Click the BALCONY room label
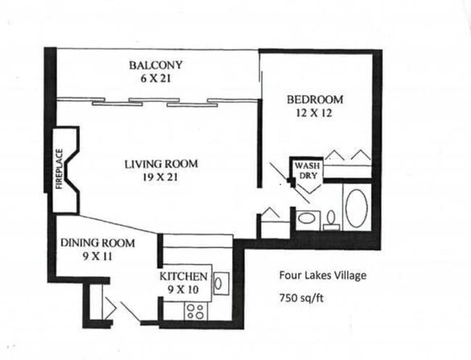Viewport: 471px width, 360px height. pos(156,65)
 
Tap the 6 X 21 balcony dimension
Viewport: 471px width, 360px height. pos(156,78)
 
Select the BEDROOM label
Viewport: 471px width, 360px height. pos(314,99)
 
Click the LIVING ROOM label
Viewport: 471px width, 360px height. pos(160,164)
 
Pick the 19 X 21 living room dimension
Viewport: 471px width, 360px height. pos(160,176)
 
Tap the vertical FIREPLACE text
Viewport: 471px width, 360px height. pos(60,170)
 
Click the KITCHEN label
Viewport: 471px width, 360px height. pos(185,277)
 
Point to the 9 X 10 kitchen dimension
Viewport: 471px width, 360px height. pos(185,289)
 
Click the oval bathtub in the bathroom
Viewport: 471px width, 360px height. pos(357,208)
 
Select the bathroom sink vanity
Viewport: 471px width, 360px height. pos(307,218)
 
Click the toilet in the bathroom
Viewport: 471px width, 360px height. pos(330,219)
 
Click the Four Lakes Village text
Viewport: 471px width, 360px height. pos(323,275)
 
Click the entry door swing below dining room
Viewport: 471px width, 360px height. pos(130,311)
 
